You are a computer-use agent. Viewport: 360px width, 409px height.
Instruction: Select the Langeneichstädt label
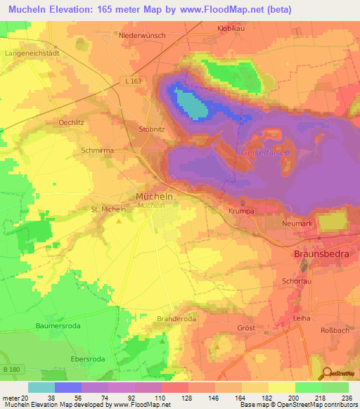pyautogui.click(x=30, y=52)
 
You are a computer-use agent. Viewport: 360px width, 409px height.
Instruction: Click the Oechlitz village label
pyautogui.click(x=72, y=122)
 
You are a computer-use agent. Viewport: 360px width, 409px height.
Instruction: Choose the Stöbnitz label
pyautogui.click(x=153, y=129)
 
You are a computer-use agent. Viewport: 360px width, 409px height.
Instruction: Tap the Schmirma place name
pyautogui.click(x=97, y=150)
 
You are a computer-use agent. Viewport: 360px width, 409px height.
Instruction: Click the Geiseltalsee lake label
pyautogui.click(x=263, y=152)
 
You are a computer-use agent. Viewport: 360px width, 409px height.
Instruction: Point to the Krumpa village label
pyautogui.click(x=240, y=210)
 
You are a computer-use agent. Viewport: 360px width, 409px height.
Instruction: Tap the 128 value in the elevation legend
pyautogui.click(x=174, y=397)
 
